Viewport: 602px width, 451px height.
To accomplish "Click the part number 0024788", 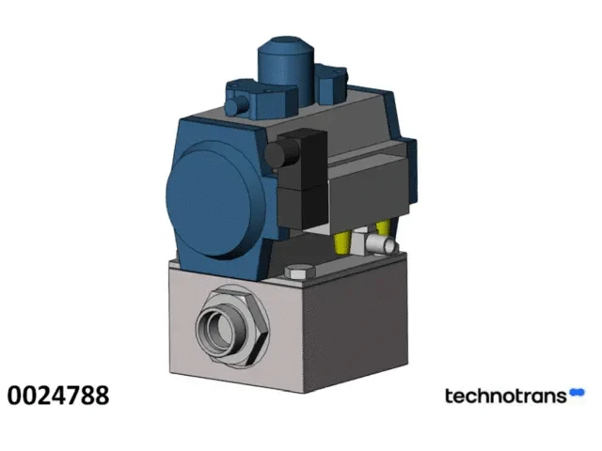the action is [58, 396].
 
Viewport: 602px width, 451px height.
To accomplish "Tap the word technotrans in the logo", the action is [506, 396].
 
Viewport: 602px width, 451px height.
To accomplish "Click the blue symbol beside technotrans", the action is [577, 393].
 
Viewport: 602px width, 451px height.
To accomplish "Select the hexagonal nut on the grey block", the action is [232, 326].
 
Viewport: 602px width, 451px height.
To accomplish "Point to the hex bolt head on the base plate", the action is [300, 272].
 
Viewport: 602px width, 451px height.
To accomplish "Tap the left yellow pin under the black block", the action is [342, 242].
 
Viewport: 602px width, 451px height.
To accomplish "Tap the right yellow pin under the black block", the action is [383, 227].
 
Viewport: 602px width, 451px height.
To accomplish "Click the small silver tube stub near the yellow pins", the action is [381, 244].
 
